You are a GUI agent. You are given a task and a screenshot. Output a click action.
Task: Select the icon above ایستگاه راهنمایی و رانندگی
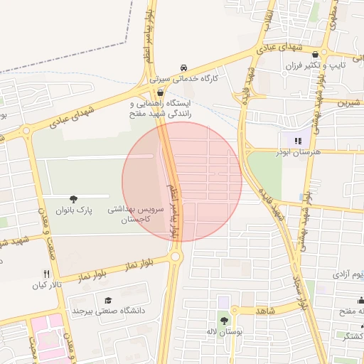click(x=160, y=92)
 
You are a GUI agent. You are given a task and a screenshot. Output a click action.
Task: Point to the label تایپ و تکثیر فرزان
click(x=315, y=66)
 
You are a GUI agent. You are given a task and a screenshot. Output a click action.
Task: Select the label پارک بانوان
click(x=73, y=210)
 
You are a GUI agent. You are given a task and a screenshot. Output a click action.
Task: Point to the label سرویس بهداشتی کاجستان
click(x=136, y=215)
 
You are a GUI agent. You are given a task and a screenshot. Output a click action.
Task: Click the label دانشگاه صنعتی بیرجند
click(x=108, y=311)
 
